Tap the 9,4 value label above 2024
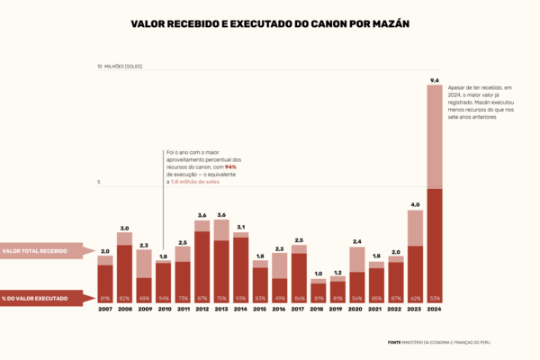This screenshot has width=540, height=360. tap(435, 81)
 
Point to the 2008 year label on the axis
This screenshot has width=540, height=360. tap(124, 309)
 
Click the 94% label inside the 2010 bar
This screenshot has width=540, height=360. tap(163, 298)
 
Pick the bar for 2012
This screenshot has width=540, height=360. tap(202, 261)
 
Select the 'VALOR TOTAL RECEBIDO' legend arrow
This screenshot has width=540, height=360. tap(45, 251)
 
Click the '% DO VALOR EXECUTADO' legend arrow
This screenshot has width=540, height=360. tap(45, 298)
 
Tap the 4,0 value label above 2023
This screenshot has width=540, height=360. tap(415, 204)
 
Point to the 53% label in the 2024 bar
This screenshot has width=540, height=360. tap(435, 298)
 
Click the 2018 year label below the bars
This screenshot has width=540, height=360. tap(318, 309)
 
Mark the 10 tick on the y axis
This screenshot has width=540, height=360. tap(100, 67)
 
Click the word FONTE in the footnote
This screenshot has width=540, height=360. tap(394, 342)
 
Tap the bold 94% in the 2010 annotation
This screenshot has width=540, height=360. tap(230, 167)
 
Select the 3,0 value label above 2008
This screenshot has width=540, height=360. tap(124, 229)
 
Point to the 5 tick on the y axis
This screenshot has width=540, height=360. tap(99, 183)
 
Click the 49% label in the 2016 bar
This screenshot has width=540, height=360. tap(279, 298)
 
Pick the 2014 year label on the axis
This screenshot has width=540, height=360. tap(240, 309)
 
